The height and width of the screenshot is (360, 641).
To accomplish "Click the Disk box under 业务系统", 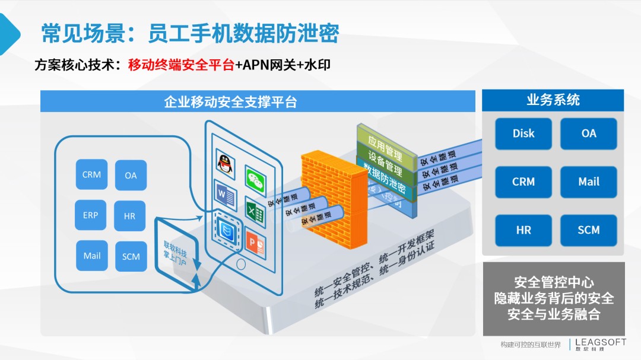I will point(523,133).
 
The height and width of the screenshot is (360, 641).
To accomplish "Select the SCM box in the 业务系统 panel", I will point(588,230).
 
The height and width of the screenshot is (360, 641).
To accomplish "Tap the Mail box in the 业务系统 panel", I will point(588,182).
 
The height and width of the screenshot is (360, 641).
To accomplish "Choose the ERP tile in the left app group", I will point(91,215).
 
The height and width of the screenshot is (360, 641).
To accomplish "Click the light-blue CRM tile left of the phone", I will point(91,175).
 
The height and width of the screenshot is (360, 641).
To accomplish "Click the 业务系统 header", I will point(553,100).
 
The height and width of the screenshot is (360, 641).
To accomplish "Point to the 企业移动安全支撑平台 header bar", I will point(258,101).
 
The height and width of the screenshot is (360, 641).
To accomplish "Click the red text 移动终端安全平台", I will point(181,65).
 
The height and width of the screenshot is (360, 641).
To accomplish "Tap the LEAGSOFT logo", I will point(600,344).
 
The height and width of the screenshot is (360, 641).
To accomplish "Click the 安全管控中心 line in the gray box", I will point(554,282).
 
